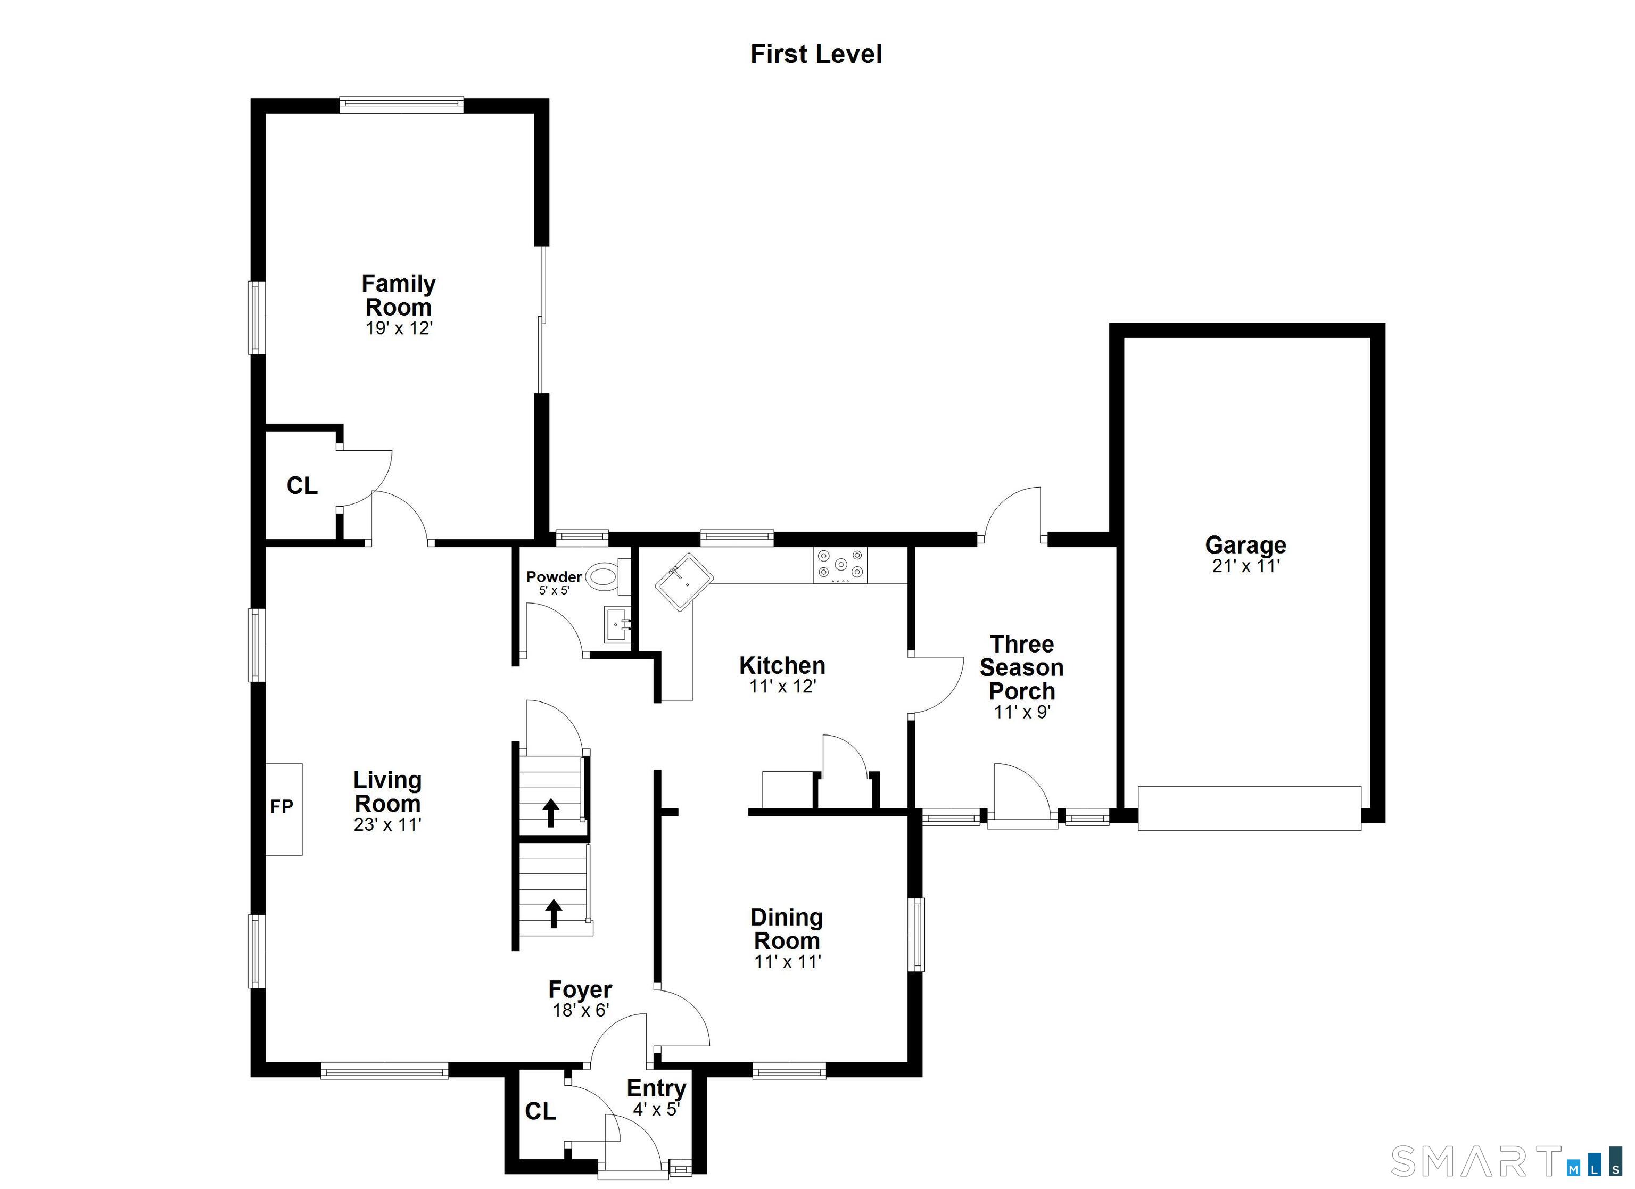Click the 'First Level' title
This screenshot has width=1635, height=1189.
(816, 54)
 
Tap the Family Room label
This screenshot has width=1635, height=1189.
(399, 295)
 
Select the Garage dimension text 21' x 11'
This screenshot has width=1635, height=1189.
(1246, 566)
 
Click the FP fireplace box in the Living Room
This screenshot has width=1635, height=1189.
(283, 809)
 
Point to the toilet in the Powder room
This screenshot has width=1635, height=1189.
(606, 576)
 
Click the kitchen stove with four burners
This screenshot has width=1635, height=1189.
(840, 565)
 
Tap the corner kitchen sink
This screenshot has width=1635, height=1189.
(684, 583)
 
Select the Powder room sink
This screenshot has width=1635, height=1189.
(618, 624)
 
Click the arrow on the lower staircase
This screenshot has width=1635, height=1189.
(554, 913)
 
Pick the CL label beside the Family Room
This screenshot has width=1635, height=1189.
(302, 486)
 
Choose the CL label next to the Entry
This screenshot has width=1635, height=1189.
(541, 1112)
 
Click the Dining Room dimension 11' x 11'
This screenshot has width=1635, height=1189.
(788, 961)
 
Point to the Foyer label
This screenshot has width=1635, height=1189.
(580, 989)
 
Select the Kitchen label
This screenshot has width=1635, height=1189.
(782, 665)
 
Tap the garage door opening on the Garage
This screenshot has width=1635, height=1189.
(1249, 808)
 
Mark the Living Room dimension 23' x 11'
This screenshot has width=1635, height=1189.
(388, 824)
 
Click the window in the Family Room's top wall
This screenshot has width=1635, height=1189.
(401, 105)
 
